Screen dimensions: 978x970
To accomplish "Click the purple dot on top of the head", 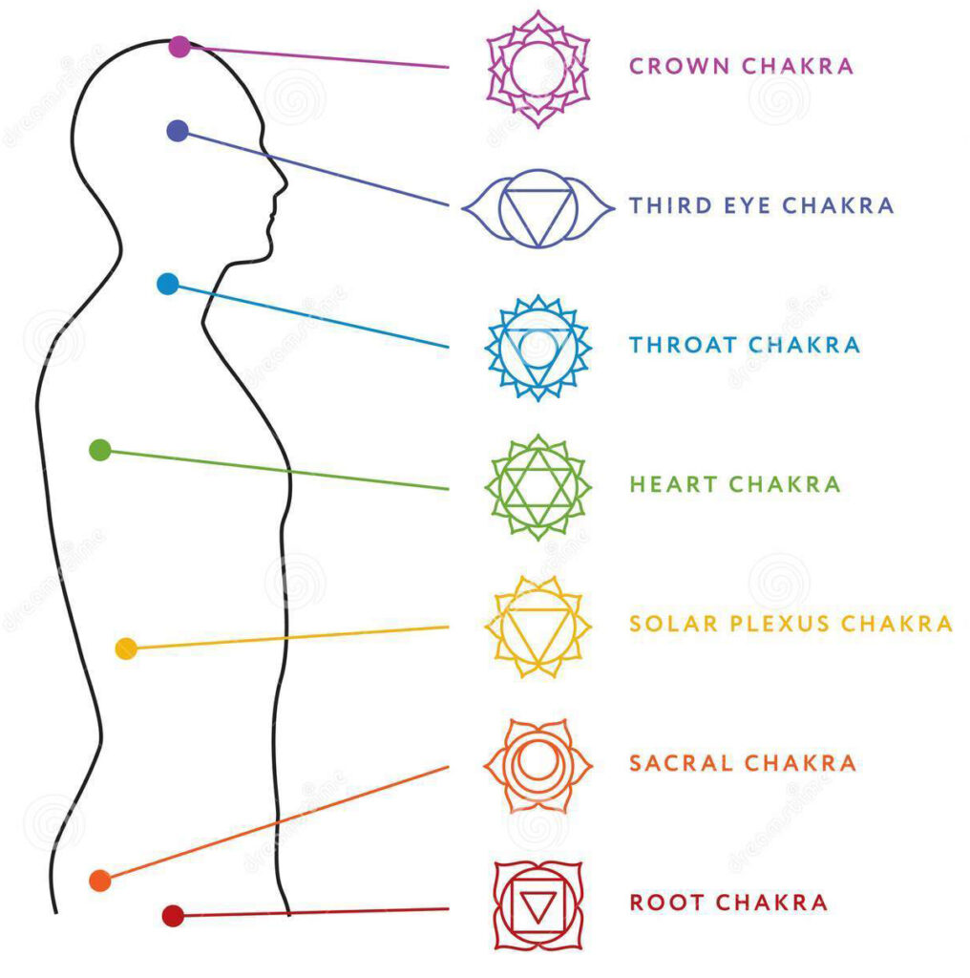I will coord(179,46).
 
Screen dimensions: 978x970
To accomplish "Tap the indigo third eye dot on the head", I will coord(178,131).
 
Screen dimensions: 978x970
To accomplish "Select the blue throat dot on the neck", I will coord(168,284).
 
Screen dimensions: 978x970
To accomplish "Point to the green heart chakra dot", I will coord(100,450).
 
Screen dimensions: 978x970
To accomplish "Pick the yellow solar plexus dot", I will coord(125,648).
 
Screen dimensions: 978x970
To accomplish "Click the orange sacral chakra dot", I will coord(99,881).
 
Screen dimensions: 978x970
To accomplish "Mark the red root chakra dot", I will coord(173,916).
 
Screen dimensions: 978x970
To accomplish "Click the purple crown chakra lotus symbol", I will coord(538,67).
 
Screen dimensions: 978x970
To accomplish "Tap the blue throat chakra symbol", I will coord(538,347).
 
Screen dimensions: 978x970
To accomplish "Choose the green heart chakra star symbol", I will coord(538,486).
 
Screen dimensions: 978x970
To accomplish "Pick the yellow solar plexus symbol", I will coord(538,626).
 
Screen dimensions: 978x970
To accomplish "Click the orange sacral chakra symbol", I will coord(538,765).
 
